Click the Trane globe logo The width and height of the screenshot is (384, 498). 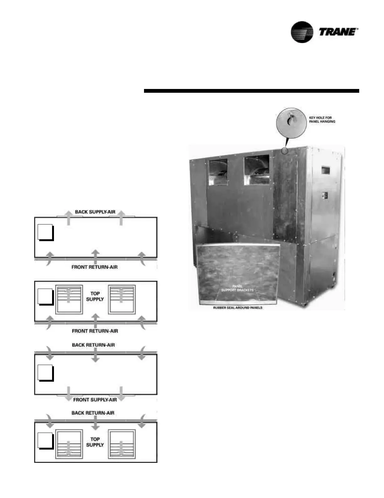302,32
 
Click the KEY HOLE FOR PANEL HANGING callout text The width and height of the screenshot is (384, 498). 322,119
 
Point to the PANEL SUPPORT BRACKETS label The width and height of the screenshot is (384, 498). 237,288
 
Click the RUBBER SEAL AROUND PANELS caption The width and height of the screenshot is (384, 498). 238,308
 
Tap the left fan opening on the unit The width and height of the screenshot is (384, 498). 218,172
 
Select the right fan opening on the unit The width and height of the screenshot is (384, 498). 257,170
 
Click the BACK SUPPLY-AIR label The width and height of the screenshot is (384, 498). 95,212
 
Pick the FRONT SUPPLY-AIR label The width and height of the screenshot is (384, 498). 95,400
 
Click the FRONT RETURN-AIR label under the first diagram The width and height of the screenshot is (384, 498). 94,267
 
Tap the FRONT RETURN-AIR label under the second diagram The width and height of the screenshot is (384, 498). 95,331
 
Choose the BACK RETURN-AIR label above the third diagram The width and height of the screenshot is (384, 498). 93,345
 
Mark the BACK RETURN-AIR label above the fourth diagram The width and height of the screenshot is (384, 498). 93,413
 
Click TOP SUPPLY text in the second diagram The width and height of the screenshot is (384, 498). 95,296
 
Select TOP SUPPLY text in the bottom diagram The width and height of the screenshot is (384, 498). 95,442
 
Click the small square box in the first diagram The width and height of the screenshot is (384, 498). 45,232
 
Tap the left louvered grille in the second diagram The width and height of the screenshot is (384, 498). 69,299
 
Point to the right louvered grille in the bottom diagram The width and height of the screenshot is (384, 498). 122,444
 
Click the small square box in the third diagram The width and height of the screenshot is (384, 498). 45,373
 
